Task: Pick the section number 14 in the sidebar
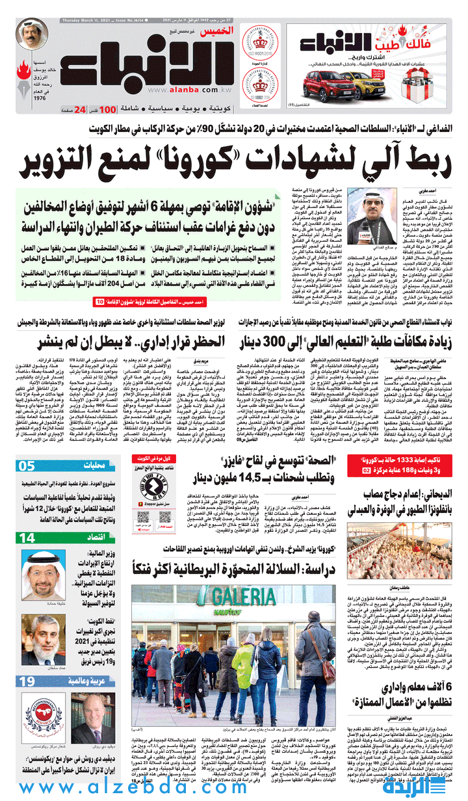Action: [27, 538]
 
